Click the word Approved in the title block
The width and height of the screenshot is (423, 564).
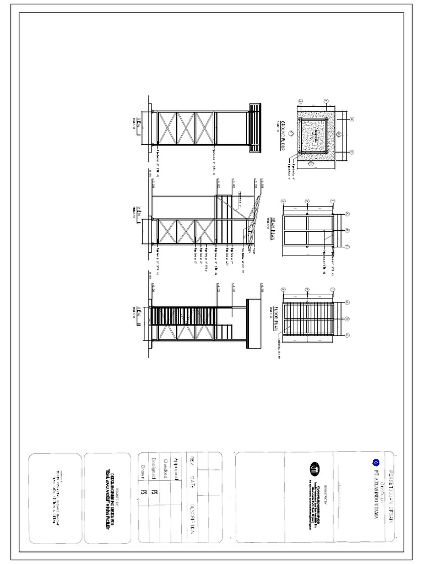click(x=176, y=468)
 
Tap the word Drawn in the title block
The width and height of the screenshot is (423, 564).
click(x=144, y=470)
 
